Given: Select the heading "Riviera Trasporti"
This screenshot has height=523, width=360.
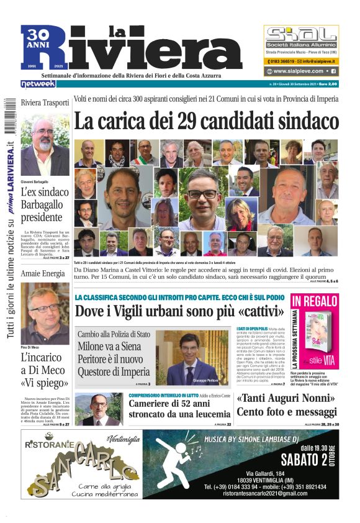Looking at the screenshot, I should click(x=45, y=102).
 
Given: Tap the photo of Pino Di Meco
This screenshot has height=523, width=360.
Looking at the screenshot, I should click(x=45, y=314).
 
